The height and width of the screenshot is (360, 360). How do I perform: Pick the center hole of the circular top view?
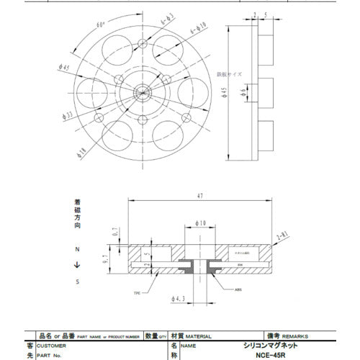(x=143, y=91)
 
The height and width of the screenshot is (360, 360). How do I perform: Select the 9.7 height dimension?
(x=105, y=260)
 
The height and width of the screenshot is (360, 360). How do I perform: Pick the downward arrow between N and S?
(x=77, y=266)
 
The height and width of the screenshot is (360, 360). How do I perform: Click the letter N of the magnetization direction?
(x=77, y=249)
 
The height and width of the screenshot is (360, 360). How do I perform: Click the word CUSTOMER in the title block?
(x=60, y=345)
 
